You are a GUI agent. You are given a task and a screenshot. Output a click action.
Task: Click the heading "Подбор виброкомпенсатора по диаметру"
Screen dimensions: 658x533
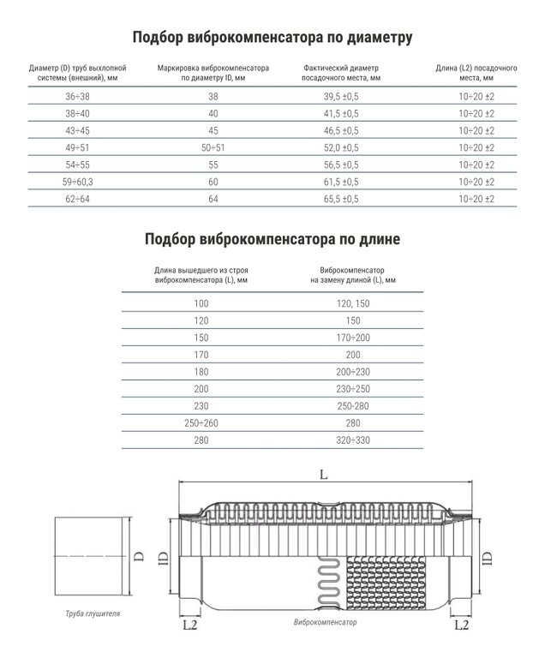(273, 37)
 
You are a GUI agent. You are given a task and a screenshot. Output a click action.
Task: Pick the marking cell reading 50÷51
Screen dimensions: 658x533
(213, 148)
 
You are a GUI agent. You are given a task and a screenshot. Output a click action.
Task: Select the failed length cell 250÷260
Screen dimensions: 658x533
(201, 422)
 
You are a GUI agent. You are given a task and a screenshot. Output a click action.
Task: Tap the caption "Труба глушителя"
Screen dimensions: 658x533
(93, 614)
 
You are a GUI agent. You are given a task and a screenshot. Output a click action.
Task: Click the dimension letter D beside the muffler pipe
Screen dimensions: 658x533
(138, 556)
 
